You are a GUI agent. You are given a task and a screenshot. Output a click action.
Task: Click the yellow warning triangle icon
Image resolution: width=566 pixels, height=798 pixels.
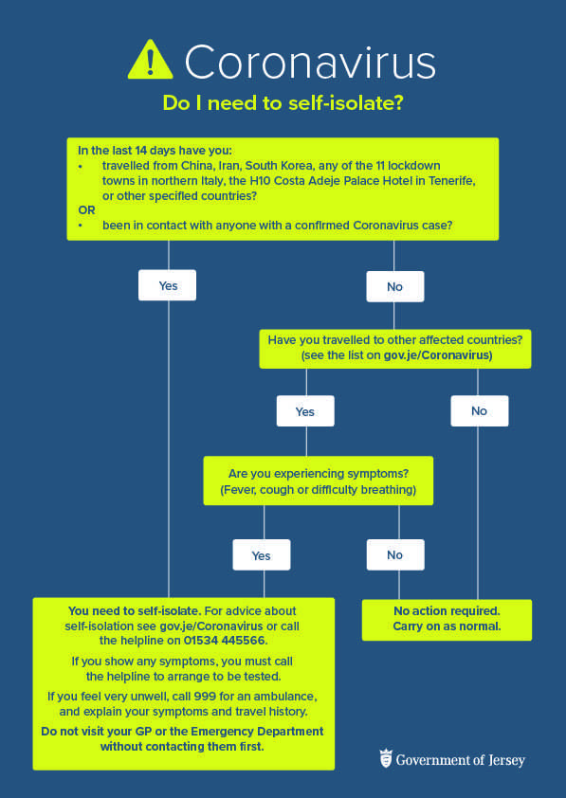pos(150,60)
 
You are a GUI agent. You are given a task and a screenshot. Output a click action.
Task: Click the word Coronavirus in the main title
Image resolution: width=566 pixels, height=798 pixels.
pos(310,62)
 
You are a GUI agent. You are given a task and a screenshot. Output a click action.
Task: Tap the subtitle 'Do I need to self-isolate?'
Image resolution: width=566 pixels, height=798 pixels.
pos(283,103)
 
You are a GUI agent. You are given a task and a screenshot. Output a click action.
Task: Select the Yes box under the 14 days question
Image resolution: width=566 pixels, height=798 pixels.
pos(167,285)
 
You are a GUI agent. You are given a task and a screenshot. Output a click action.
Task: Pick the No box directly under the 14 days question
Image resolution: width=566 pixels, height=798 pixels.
pos(395,286)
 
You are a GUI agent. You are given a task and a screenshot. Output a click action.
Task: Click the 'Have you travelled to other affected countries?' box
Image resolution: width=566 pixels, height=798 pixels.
pos(395,349)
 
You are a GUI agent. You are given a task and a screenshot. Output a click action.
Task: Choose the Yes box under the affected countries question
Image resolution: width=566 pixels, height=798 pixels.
pos(305,410)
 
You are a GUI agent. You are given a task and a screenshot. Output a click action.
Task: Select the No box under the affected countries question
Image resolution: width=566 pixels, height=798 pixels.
pos(480,410)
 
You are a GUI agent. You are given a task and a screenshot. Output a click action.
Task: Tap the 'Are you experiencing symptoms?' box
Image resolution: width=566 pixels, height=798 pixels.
pos(319,481)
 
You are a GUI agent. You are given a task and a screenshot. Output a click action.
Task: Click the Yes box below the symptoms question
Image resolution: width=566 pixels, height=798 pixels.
pos(262,554)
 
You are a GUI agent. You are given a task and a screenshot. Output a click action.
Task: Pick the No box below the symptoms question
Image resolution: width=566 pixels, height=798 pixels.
pos(395,554)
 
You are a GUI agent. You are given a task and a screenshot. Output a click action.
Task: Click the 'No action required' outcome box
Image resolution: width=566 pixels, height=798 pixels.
pos(447,620)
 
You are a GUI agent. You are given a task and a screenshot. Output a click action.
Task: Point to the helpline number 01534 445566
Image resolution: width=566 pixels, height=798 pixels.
pos(225,641)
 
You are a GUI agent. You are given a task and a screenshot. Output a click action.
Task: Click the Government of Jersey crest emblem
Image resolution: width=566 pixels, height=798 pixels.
pos(386,759)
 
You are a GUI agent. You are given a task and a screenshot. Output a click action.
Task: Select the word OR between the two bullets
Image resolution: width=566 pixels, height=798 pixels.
pos(86,209)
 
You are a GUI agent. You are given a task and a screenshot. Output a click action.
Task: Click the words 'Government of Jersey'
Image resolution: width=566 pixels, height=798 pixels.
pos(461,760)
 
